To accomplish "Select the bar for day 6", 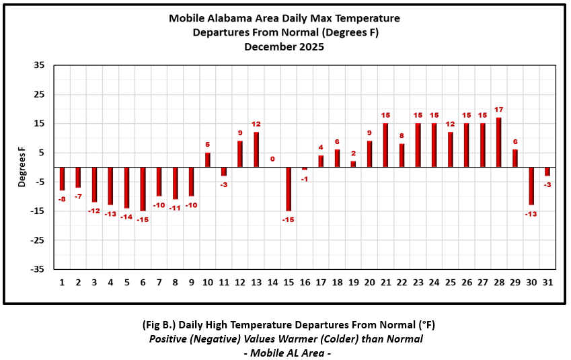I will pos(143,189).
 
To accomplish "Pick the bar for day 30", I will pos(531,186).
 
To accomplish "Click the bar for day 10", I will pos(208,160).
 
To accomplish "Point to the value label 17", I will pos(498,110).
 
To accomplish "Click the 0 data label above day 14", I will pos(272,159).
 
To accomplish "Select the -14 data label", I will pos(126,216).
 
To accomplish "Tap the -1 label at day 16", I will pos(304,178).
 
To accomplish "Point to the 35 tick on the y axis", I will pos(39,65).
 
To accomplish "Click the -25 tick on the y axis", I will pos(38,240).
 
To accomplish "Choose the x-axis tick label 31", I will pos(547,282).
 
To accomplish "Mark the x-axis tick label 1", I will pos(62,282).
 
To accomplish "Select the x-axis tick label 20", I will pos(369,282).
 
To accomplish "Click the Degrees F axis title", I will pos(22,168).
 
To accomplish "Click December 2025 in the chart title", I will pos(284,47).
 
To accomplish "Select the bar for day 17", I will pos(321,161).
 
